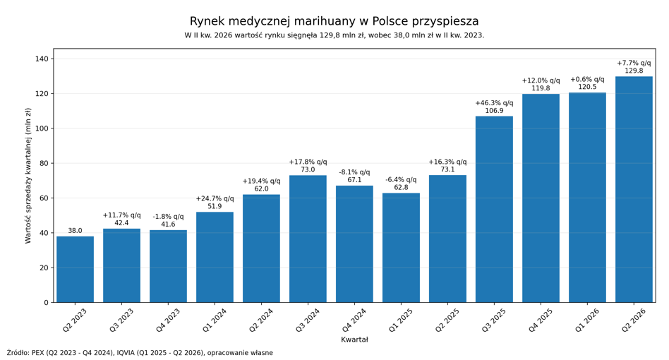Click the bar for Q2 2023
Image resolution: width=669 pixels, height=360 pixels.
click(75, 269)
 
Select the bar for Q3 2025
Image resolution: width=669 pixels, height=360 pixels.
click(494, 210)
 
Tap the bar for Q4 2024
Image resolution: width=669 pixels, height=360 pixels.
click(354, 244)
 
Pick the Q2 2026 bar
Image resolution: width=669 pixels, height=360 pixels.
click(634, 189)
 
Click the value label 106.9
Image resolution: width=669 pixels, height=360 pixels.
click(494, 111)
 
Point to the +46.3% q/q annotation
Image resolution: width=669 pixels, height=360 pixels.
click(494, 103)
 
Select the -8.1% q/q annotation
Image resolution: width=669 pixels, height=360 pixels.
click(354, 172)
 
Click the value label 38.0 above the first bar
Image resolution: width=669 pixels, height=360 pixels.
click(75, 231)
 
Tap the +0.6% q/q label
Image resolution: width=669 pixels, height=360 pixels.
click(587, 80)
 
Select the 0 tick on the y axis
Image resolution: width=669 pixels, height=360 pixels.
click(47, 302)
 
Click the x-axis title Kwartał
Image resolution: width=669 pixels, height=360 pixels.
click(354, 340)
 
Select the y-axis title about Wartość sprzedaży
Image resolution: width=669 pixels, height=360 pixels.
click(28, 175)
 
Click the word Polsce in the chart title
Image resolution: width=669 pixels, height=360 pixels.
click(390, 21)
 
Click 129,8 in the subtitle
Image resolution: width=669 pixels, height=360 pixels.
click(330, 35)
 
